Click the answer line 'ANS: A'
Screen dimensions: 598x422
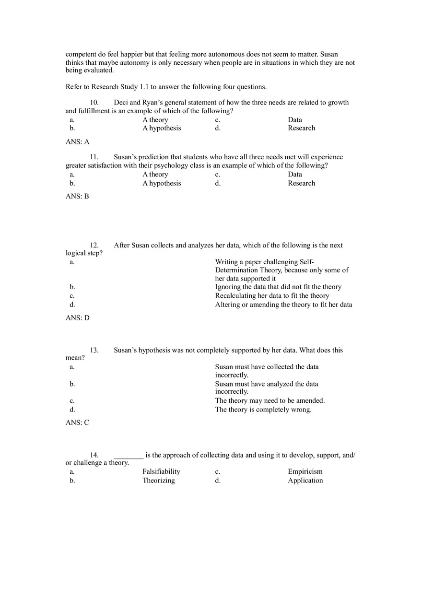pos(77,142)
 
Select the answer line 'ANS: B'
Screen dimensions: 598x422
pos(77,196)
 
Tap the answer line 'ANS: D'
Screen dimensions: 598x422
pos(77,318)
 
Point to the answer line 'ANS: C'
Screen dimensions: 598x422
pos(77,422)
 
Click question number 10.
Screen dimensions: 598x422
pos(94,103)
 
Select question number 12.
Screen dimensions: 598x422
pos(94,246)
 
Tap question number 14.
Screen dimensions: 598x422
pos(94,455)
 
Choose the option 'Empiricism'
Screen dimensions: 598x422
pos(305,471)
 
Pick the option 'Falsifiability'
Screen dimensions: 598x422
pos(161,471)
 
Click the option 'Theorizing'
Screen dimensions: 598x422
pos(158,481)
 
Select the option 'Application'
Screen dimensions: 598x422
pos(305,481)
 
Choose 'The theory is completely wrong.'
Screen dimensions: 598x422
pos(263,410)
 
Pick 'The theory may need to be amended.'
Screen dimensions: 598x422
pos(270,400)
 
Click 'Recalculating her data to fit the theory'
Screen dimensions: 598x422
pos(272,296)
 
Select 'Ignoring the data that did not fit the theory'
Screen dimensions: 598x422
pos(278,287)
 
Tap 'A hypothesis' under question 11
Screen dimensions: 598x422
pos(162,183)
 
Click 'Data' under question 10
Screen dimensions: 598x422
pos(295,120)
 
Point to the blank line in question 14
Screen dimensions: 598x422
pos(129,456)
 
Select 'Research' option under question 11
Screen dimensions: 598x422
pos(301,183)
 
